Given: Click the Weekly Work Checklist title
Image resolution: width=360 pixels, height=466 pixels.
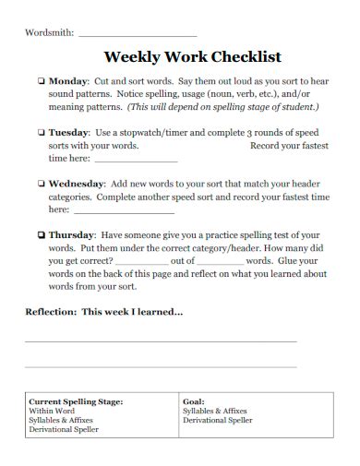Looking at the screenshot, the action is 193,56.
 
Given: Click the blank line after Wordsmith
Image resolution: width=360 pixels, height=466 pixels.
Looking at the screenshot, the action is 138,34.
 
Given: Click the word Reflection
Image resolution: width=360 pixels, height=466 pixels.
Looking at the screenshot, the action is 50,312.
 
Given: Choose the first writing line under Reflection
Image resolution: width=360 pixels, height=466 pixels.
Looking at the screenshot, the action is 161,341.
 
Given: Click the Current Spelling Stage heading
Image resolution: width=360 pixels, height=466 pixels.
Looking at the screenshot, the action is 76,402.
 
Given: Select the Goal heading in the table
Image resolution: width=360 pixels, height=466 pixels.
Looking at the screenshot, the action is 193,402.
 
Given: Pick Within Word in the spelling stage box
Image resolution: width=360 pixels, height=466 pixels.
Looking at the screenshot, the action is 53,412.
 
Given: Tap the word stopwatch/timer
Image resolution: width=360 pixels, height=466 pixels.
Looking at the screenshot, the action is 156,133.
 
